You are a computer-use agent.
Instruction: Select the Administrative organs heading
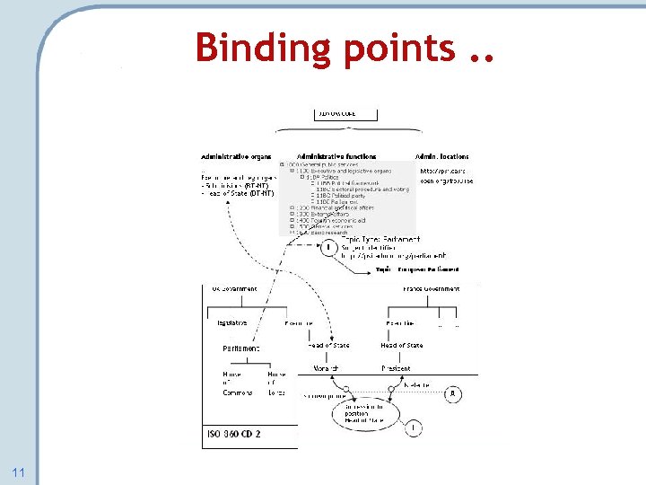pyautogui.click(x=236, y=156)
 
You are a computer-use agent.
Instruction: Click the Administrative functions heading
pyautogui.click(x=336, y=156)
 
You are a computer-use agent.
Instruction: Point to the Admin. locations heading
pyautogui.click(x=441, y=156)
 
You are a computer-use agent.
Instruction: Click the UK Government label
pyautogui.click(x=234, y=288)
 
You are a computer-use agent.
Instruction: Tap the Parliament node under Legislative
pyautogui.click(x=241, y=348)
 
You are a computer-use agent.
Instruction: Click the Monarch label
pyautogui.click(x=324, y=368)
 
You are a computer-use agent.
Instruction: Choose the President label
pyautogui.click(x=396, y=368)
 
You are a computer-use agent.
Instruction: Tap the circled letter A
pyautogui.click(x=454, y=393)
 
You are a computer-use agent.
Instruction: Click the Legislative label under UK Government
pyautogui.click(x=233, y=322)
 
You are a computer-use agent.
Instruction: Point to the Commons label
pyautogui.click(x=238, y=392)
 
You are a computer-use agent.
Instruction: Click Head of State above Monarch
pyautogui.click(x=328, y=345)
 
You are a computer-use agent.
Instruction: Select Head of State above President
pyautogui.click(x=401, y=345)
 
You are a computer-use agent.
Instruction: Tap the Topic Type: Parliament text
pyautogui.click(x=388, y=239)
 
